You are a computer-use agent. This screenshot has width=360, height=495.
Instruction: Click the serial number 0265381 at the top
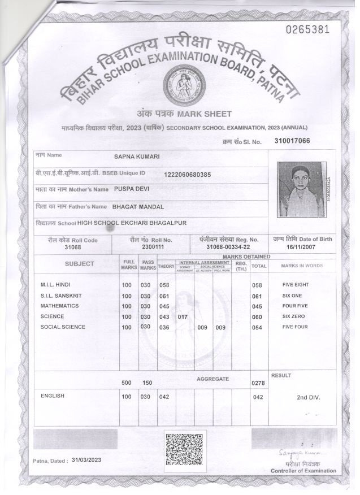coord(307,29)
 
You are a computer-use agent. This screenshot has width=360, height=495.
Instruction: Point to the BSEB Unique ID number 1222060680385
coord(187,174)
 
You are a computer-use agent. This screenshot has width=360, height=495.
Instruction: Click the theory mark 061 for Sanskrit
coord(164,296)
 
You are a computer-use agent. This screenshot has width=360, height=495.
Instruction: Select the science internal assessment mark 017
coord(183,317)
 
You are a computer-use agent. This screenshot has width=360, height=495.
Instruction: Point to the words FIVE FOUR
coord(294,327)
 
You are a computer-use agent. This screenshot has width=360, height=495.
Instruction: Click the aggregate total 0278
coord(258,383)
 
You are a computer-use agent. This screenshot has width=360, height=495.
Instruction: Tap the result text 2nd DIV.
coord(308,397)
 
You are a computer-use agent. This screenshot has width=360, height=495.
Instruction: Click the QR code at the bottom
coord(184,450)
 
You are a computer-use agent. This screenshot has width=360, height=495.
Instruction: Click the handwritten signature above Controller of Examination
coord(299,453)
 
